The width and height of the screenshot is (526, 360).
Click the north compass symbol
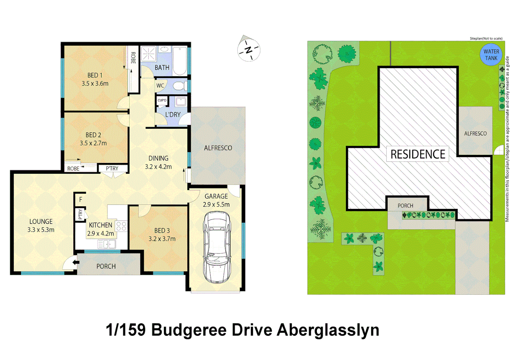248,50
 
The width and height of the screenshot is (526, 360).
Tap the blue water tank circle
491,55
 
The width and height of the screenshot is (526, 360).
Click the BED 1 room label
95,75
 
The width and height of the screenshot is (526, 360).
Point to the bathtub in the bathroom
180,61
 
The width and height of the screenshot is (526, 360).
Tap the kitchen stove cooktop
121,226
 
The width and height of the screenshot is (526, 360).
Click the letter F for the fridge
81,199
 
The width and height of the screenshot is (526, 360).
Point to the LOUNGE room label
41,221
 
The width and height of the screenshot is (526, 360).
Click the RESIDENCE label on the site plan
418,154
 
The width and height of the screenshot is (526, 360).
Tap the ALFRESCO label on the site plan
475,133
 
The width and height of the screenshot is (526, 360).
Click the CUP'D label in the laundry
162,100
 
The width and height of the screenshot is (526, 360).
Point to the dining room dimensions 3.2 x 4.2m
158,167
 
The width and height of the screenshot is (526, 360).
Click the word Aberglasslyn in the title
328,330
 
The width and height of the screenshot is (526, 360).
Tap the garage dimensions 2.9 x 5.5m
216,204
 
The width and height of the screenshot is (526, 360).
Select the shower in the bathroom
148,53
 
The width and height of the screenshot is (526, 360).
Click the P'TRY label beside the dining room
112,168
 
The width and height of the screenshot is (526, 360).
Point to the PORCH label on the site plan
405,206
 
